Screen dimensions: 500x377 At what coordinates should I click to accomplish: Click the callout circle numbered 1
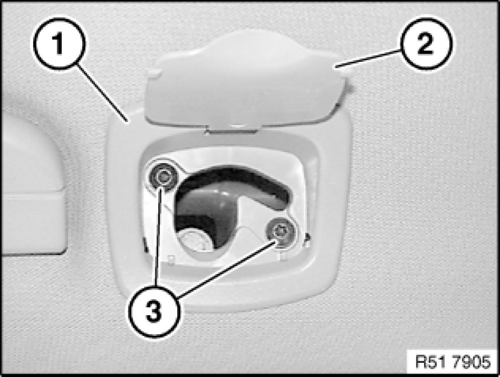pos(59,43)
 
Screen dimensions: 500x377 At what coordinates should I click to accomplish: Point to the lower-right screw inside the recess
pos(280,232)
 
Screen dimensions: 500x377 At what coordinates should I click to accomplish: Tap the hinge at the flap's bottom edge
pos(232,128)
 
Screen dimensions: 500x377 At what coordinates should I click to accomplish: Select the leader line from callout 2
pos(368,58)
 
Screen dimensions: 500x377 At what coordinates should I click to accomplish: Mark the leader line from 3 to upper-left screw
pos(158,236)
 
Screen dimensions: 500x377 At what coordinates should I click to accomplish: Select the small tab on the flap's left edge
pos(153,73)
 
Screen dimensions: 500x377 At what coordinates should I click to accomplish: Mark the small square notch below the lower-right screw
pos(282,256)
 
